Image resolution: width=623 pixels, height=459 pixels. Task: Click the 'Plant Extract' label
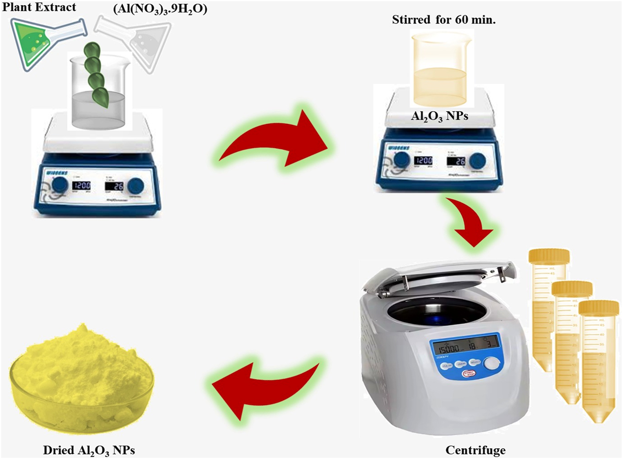coord(39,7)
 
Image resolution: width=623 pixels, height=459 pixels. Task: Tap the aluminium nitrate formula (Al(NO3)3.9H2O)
coord(160,8)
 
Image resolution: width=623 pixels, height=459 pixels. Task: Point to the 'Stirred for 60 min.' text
coord(443,20)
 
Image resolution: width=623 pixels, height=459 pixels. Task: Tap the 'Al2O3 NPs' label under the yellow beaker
coord(439,116)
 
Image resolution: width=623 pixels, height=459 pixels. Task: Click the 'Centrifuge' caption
coord(475,451)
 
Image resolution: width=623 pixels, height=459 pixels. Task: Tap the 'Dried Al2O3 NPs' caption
coord(89,451)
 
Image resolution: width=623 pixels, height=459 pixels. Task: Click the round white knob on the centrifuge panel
coord(491,363)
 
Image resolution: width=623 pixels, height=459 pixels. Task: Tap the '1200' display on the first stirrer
coord(81,186)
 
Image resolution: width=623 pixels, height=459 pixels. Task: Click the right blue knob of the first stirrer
coord(136,186)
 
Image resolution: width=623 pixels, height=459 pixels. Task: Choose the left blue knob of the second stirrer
coord(402,161)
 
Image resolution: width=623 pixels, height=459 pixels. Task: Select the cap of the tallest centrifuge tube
coord(549,256)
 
